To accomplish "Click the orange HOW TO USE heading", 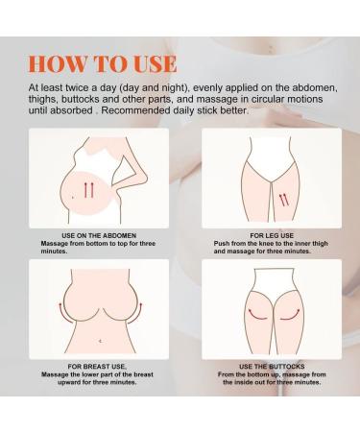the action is click(103, 64).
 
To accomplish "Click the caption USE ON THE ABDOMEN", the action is click(99, 235).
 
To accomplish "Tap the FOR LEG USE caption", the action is click(272, 235).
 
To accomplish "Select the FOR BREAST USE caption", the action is click(97, 367).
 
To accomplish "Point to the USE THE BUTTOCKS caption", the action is click(272, 367).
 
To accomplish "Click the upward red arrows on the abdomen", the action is click(88, 190).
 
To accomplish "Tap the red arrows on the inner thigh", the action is click(284, 200).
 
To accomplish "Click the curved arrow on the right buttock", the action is click(290, 315).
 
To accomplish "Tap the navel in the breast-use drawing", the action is click(101, 341).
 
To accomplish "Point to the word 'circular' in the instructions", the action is click(268, 99).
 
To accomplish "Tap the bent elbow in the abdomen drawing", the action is click(145, 177).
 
